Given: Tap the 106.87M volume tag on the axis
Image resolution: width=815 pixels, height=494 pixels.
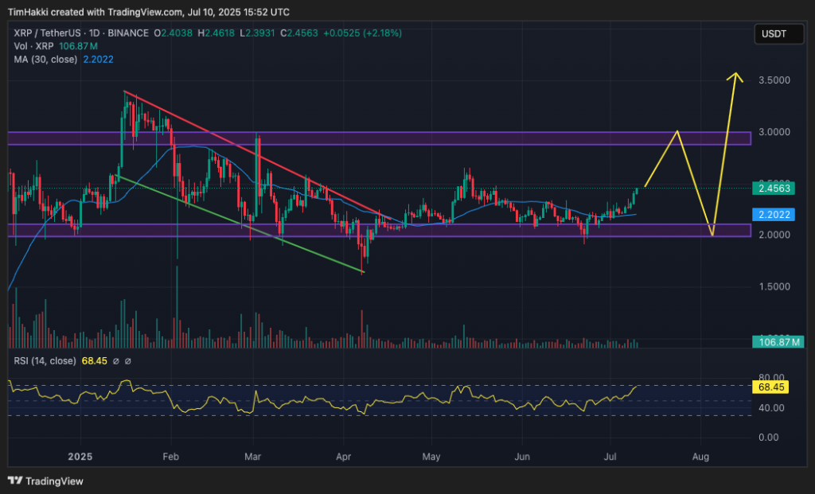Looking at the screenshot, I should point(778,342).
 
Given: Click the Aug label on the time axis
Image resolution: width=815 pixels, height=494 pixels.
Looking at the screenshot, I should point(700,457).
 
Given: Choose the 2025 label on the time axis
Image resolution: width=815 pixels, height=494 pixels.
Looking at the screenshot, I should point(80,457).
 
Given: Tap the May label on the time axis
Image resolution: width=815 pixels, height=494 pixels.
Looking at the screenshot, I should point(431,457).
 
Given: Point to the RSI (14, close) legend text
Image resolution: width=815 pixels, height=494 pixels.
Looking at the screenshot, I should point(45,361).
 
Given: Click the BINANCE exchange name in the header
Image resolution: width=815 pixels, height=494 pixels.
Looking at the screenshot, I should point(131,33).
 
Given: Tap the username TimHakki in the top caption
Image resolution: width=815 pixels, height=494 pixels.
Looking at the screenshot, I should point(29,12).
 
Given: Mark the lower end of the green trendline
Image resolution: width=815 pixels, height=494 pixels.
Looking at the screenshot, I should point(363,273).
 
